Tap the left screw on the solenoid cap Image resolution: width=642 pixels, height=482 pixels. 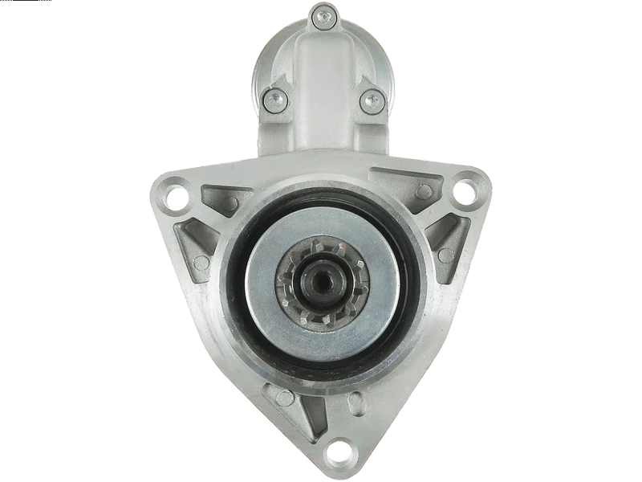point(272,99)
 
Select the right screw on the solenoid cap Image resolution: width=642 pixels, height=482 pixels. point(371,99)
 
